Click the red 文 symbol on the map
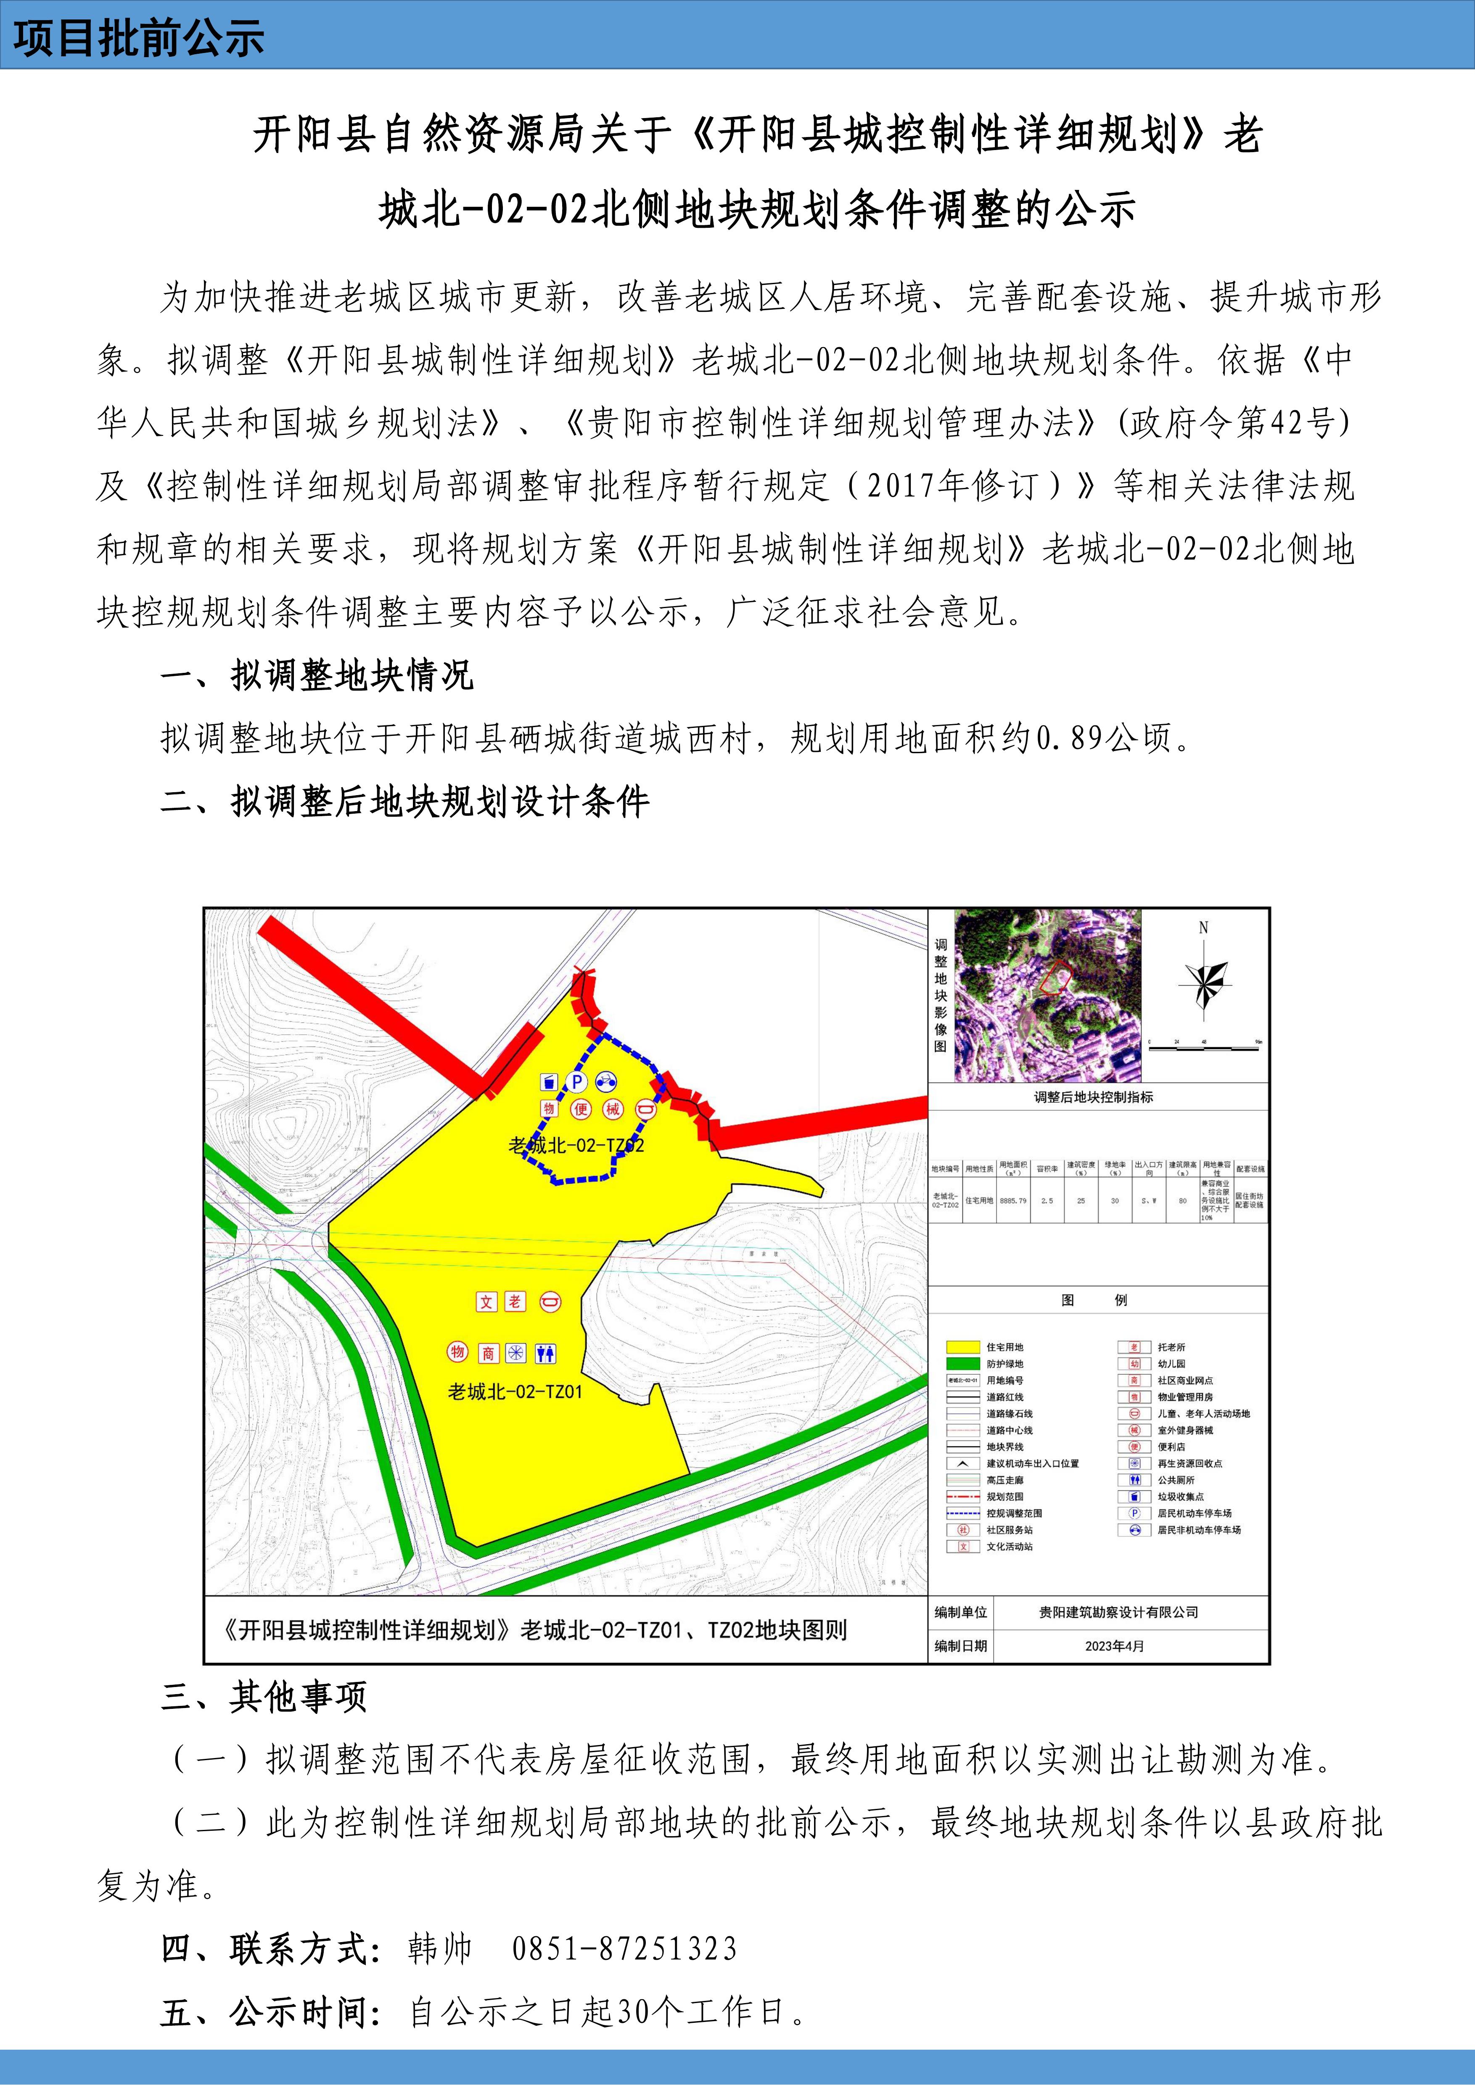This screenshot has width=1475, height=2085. (x=487, y=1301)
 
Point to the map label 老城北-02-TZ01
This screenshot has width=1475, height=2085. (x=515, y=1391)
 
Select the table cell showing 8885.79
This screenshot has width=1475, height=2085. (x=1013, y=1200)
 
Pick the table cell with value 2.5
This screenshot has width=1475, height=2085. (x=1047, y=1200)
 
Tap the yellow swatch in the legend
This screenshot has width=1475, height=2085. (x=963, y=1347)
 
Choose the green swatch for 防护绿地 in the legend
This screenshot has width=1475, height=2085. (x=963, y=1364)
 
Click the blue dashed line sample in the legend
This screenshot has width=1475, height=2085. (x=963, y=1513)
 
